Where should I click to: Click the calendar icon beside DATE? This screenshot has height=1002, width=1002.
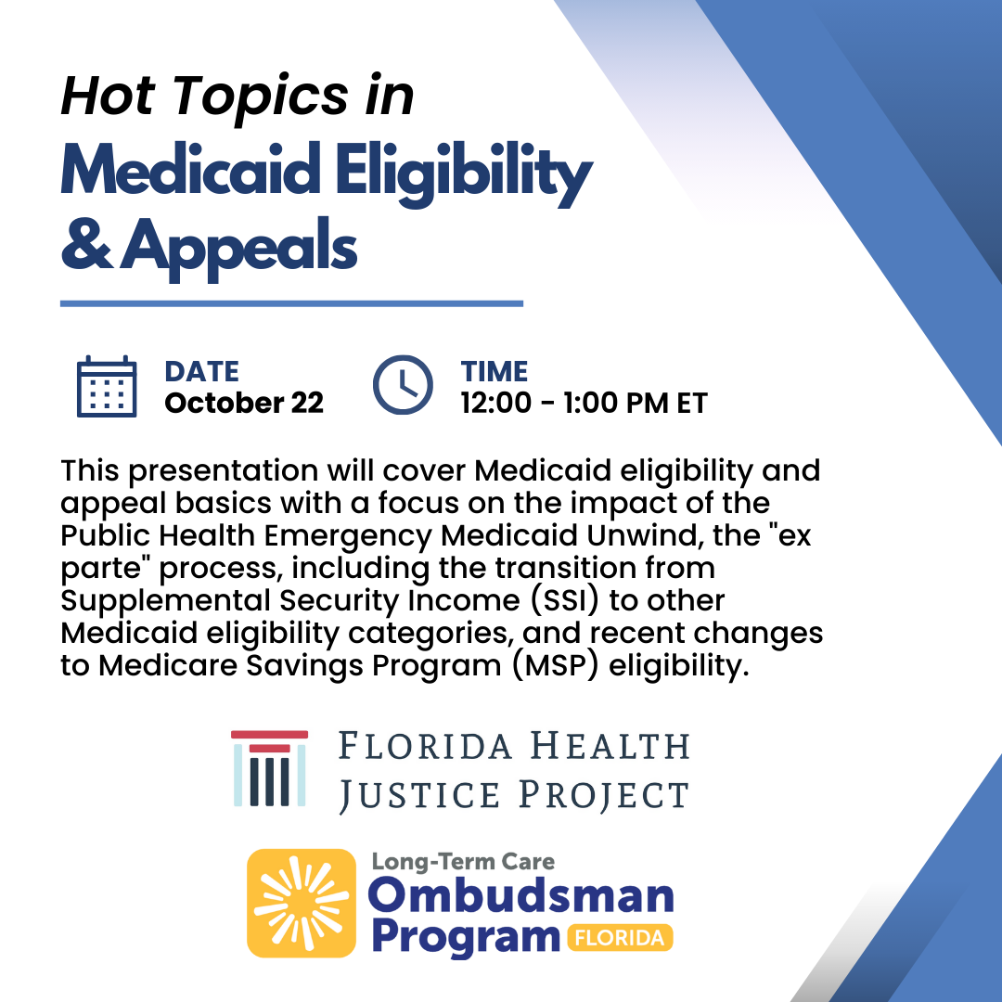click(107, 387)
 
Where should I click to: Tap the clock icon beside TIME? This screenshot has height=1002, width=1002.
click(403, 385)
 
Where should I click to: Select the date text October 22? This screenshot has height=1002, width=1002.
click(244, 403)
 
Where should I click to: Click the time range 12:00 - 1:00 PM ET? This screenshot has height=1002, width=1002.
click(584, 403)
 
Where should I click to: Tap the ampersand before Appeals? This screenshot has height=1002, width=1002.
click(86, 243)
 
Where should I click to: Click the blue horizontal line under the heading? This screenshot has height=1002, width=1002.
click(291, 303)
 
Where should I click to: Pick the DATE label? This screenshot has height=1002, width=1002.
click(202, 371)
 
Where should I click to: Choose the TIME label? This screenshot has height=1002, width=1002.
click(495, 371)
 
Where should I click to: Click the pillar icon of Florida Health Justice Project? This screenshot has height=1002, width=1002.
click(269, 768)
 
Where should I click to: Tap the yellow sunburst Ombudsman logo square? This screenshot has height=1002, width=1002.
click(301, 903)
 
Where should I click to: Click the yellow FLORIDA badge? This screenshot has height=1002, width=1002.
click(620, 937)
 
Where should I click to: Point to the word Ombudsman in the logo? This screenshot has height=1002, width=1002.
click(521, 896)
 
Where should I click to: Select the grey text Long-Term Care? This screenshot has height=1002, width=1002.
click(463, 861)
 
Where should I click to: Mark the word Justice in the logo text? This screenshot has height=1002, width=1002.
click(419, 796)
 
